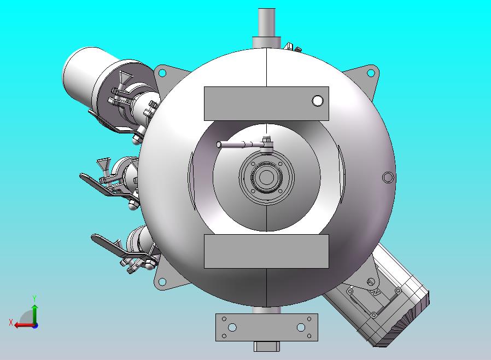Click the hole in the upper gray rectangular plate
click(317, 101)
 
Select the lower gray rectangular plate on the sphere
click(266, 251)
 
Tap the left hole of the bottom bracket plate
click(232, 327)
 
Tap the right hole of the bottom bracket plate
click(301, 327)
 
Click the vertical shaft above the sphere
click(266, 22)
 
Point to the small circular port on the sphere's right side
click(388, 177)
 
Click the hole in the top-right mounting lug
click(370, 73)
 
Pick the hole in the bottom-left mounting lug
click(162, 282)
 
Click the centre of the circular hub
click(266, 177)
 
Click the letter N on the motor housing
click(376, 292)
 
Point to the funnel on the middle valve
click(102, 165)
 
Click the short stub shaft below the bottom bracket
click(267, 346)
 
